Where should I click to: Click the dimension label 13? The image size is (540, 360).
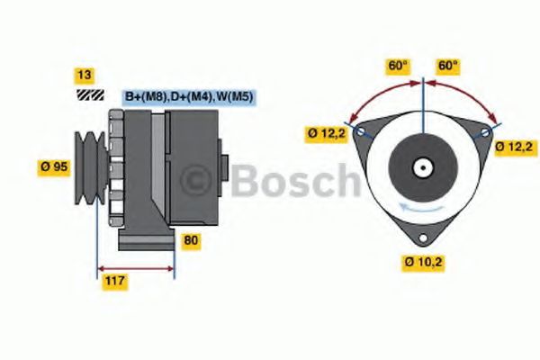(x=85, y=75)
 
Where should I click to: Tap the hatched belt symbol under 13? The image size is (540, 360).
(x=90, y=94)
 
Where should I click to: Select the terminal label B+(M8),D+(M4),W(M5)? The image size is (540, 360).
(x=188, y=96)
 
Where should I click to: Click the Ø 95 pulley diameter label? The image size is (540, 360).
(x=54, y=166)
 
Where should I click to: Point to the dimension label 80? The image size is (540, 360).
(x=191, y=240)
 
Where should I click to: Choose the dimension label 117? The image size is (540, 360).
(x=114, y=282)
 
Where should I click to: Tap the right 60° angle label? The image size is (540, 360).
(x=448, y=66)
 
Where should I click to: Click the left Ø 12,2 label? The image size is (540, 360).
(x=325, y=134)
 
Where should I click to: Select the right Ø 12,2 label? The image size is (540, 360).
(x=516, y=147)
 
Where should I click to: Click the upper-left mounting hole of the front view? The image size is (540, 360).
(x=361, y=131)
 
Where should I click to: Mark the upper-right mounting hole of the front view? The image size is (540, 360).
(x=485, y=132)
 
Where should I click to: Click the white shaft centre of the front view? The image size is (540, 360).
(x=421, y=166)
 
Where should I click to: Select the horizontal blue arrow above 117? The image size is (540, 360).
(x=135, y=268)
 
